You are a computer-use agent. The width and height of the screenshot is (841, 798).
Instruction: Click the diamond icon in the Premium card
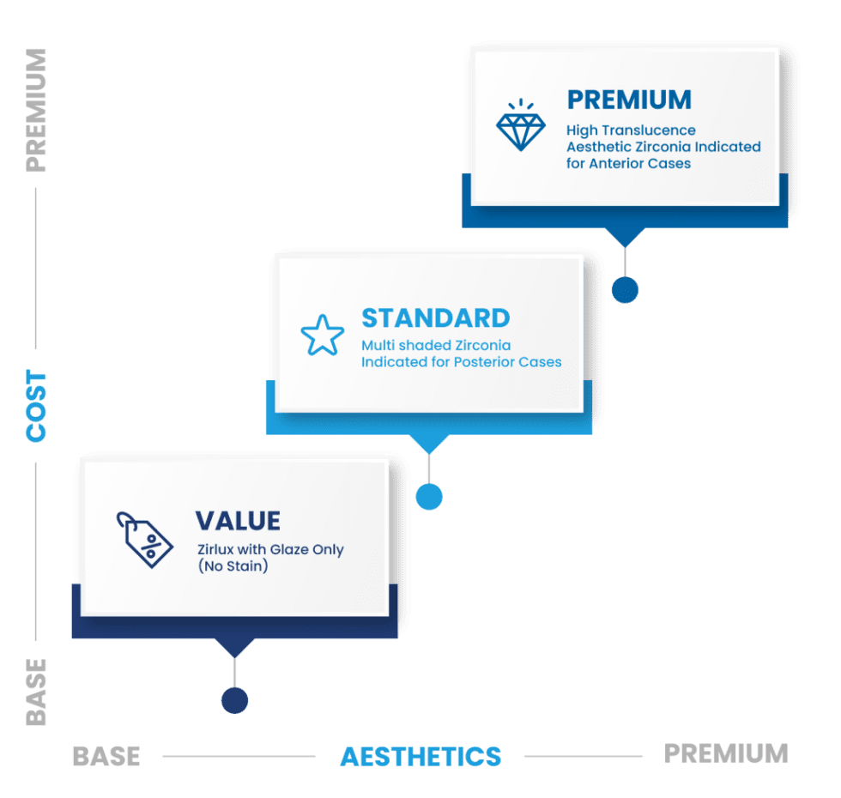click(521, 125)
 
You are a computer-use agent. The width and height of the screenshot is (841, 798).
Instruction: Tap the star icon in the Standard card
click(322, 336)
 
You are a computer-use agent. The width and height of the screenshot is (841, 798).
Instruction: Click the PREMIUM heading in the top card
click(629, 100)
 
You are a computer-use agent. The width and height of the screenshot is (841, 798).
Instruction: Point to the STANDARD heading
click(435, 317)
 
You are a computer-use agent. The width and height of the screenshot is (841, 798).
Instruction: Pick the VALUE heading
click(238, 521)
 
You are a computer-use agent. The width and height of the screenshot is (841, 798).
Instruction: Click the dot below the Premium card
click(626, 290)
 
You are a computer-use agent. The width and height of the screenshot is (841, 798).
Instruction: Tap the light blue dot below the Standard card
click(428, 496)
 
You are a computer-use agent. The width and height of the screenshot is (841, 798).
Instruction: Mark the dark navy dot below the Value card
click(234, 700)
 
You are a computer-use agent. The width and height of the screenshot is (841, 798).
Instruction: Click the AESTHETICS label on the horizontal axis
click(420, 757)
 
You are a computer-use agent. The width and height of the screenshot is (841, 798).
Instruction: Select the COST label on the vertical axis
click(36, 406)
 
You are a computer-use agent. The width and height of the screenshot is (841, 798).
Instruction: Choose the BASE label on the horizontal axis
click(106, 757)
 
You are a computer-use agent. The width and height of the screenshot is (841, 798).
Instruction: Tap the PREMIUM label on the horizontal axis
click(726, 753)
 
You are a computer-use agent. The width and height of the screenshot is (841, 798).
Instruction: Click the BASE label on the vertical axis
click(36, 692)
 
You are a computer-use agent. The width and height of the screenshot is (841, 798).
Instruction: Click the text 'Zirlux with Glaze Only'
click(270, 549)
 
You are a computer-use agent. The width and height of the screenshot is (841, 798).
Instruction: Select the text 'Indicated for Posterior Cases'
click(461, 361)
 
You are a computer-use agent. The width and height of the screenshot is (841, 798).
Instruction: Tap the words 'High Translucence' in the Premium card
click(631, 130)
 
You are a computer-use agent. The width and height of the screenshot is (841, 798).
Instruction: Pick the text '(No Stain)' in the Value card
click(232, 565)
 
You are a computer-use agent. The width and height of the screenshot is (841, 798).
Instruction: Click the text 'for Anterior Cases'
click(628, 163)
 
